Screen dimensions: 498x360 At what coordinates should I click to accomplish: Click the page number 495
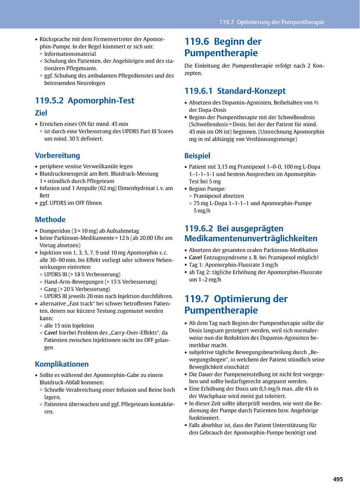(x=338, y=479)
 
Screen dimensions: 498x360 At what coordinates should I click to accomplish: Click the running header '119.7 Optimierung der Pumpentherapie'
(x=271, y=22)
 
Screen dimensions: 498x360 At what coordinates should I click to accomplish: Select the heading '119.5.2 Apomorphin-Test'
(x=85, y=101)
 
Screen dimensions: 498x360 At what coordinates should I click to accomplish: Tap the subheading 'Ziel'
(x=41, y=113)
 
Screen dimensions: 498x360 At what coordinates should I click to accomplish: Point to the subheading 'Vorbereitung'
(x=57, y=156)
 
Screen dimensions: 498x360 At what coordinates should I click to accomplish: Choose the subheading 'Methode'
(x=50, y=219)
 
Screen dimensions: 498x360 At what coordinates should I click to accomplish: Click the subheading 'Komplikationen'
(x=62, y=364)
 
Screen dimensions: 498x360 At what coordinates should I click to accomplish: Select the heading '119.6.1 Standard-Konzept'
(x=235, y=91)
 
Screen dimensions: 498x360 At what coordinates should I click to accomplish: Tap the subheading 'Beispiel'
(x=197, y=156)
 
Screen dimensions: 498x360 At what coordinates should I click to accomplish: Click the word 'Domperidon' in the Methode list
(x=54, y=231)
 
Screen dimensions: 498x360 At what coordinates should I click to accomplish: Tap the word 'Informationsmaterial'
(x=70, y=53)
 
